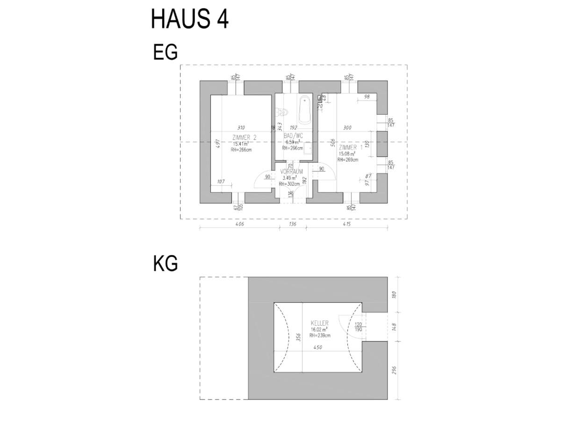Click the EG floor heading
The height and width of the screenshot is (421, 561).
[165, 53]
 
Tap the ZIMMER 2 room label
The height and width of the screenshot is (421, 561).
[244, 137]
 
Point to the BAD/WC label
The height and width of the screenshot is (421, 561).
[294, 136]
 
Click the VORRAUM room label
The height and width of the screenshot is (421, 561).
[292, 172]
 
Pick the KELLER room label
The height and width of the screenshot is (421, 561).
[320, 323]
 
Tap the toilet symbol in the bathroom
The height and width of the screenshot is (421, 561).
[282, 112]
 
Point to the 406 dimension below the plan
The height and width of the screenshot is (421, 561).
[240, 224]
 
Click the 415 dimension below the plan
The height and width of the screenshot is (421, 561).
[346, 224]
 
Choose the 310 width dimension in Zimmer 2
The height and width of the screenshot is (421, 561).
[241, 127]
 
